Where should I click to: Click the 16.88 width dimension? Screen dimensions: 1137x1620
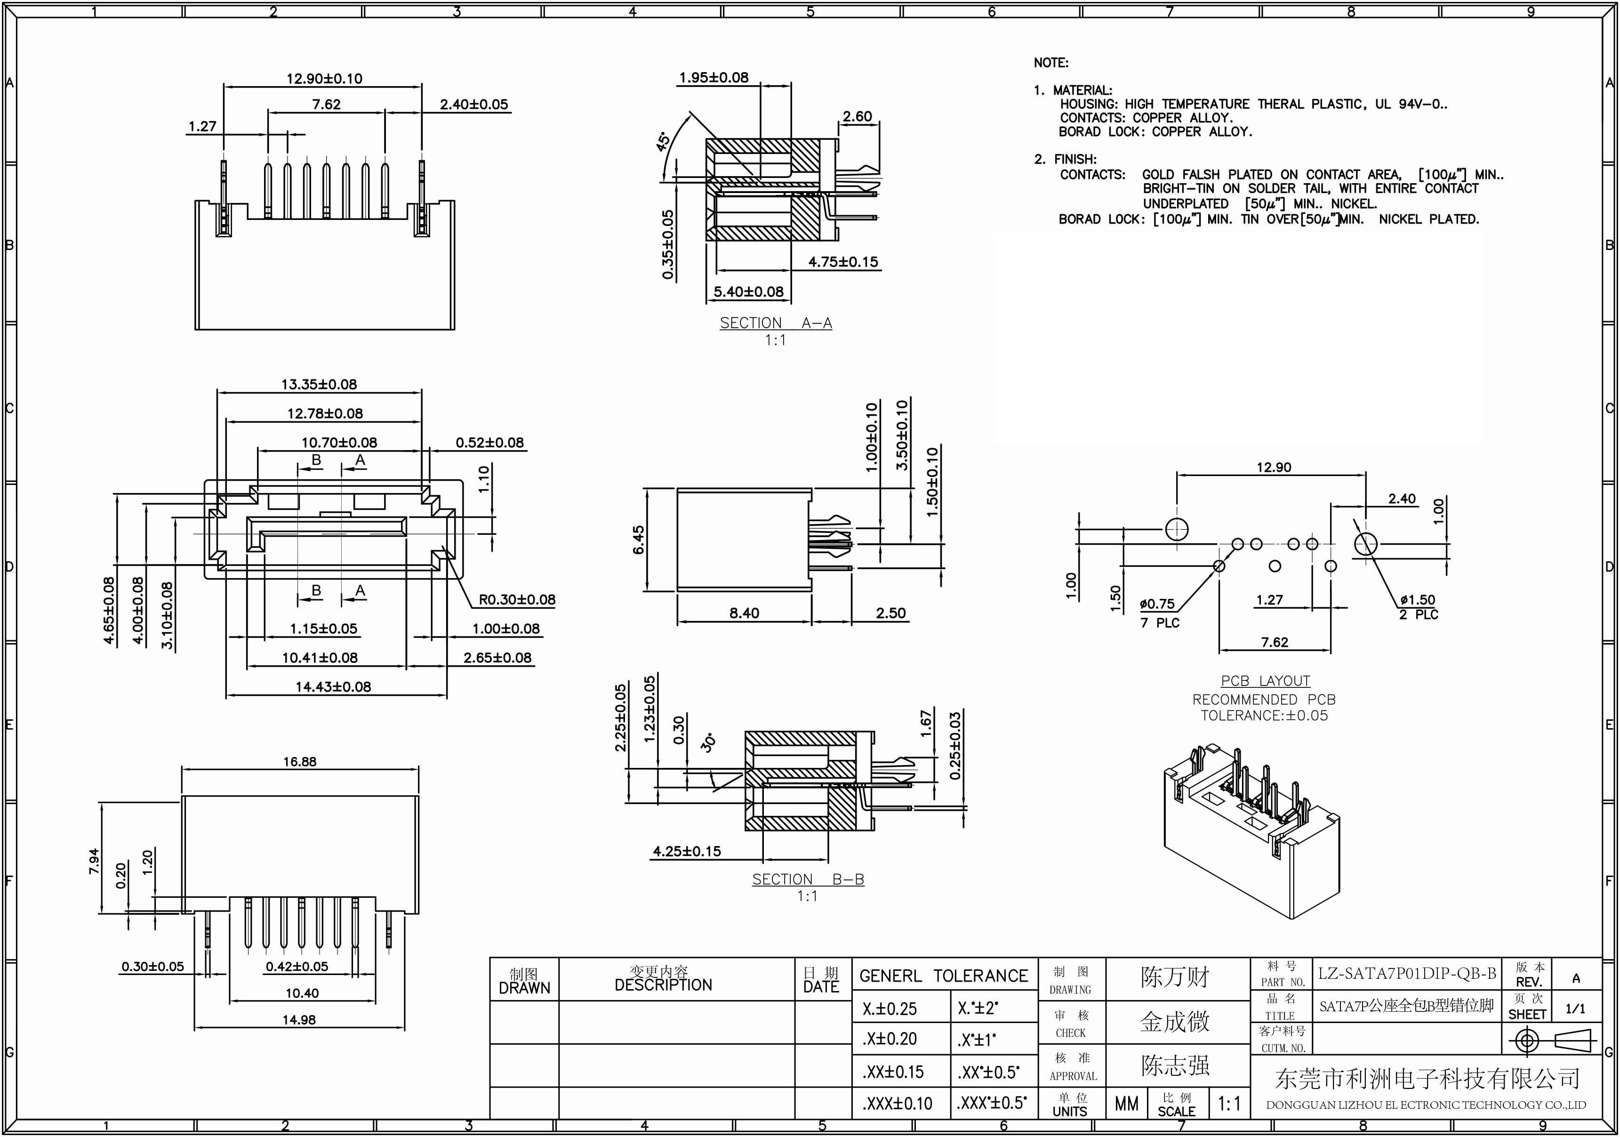click(300, 761)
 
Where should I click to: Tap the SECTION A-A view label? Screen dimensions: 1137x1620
click(776, 323)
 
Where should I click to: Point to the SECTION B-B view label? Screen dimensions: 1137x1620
click(808, 879)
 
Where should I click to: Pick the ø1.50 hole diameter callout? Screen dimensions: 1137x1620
click(1418, 600)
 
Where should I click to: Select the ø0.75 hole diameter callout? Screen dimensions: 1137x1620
click(1157, 604)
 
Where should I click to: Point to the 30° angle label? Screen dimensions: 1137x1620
click(708, 742)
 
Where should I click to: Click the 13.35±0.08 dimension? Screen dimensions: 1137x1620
click(319, 385)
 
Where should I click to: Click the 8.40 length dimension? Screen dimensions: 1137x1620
click(745, 613)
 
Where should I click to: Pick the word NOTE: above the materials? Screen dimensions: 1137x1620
click(1051, 63)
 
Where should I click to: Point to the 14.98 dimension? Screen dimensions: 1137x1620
click(299, 1020)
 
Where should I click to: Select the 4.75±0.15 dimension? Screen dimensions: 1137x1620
click(843, 262)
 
